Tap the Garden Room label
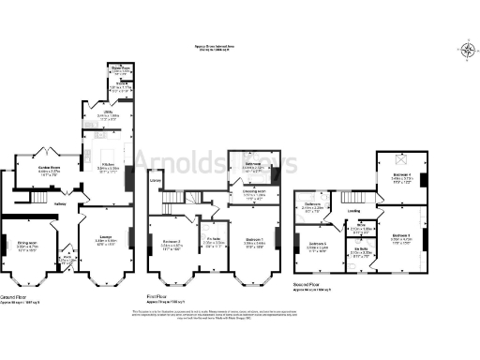(x=49, y=172)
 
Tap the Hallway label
(x=59, y=202)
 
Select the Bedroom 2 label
(x=171, y=244)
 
